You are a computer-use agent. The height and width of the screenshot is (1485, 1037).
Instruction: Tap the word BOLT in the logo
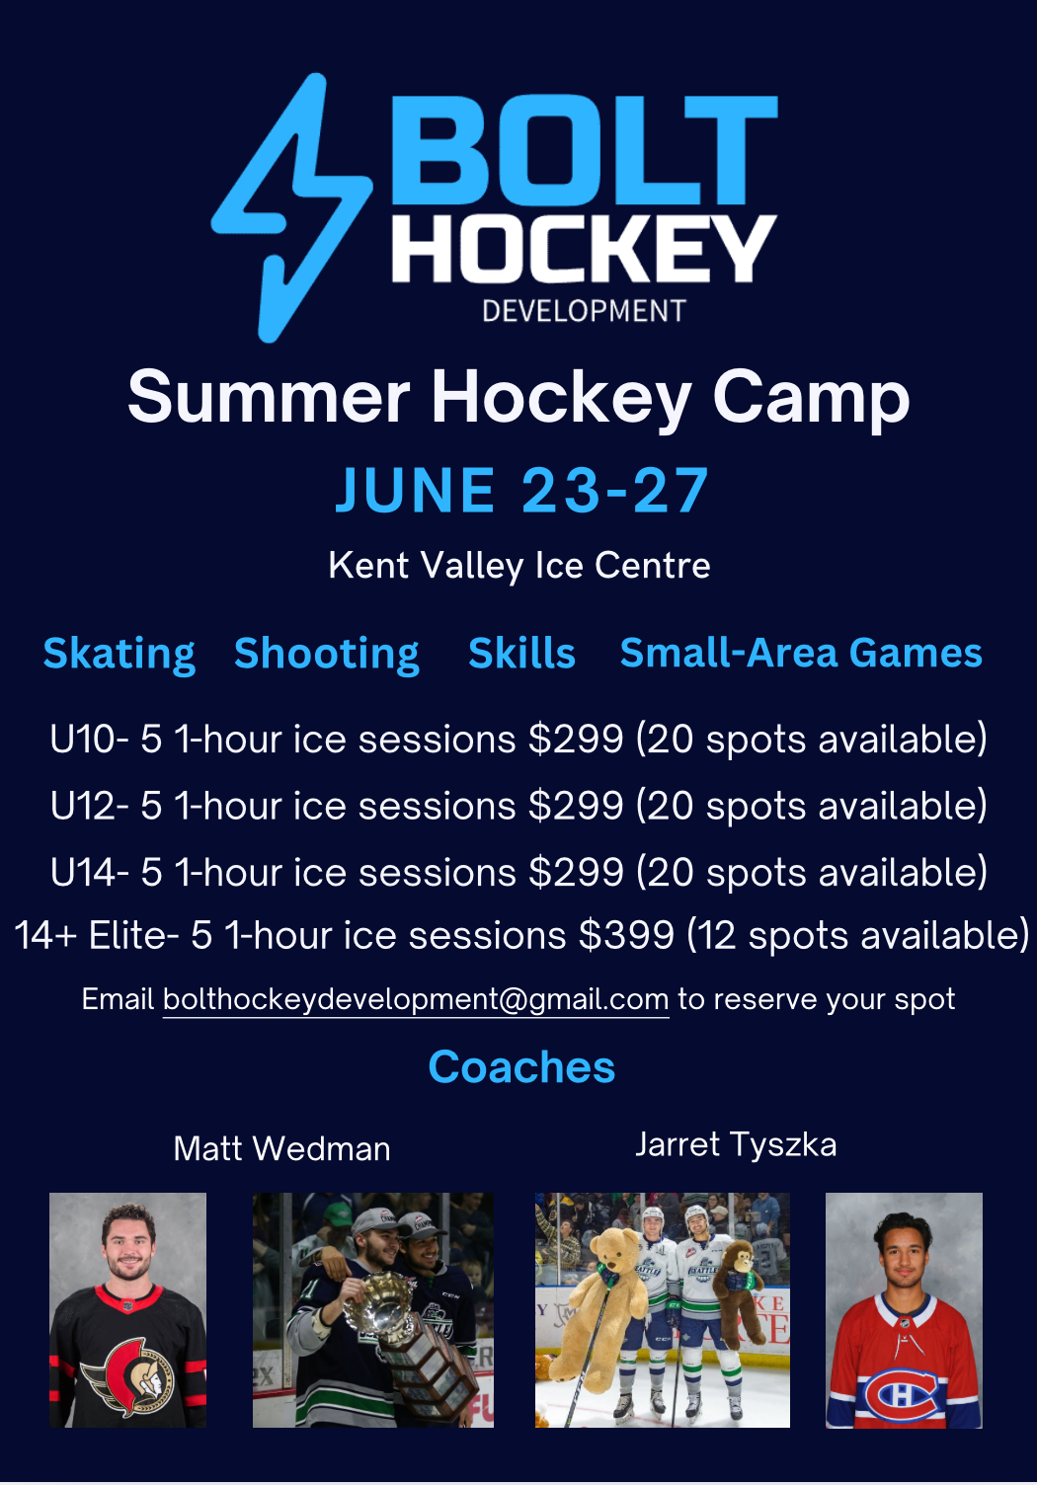(x=584, y=150)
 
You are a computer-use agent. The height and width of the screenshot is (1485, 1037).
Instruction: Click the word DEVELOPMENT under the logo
(x=584, y=311)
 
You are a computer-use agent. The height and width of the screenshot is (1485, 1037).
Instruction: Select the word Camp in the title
(x=811, y=399)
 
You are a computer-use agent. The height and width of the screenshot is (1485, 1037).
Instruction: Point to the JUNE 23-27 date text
(x=522, y=490)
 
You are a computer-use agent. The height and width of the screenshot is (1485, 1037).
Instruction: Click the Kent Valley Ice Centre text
(x=519, y=566)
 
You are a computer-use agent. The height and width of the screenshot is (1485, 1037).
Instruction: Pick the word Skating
(x=120, y=655)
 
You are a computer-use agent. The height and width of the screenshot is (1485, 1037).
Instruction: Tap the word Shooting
(x=327, y=655)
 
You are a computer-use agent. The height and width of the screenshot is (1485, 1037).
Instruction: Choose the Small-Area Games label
(x=801, y=653)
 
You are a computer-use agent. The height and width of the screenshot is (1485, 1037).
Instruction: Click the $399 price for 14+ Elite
(x=626, y=935)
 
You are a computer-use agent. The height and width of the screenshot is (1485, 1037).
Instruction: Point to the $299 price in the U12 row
(x=576, y=806)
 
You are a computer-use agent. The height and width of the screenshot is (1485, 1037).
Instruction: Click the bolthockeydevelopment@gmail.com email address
(x=416, y=999)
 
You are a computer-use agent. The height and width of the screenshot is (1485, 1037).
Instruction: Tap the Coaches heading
(x=521, y=1067)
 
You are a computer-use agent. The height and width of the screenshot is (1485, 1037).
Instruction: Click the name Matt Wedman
(x=281, y=1149)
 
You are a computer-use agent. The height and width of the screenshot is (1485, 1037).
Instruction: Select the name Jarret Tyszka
(x=736, y=1145)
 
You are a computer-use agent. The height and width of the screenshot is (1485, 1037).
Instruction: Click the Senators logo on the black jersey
(x=127, y=1376)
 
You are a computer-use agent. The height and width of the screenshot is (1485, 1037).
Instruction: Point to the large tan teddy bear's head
(x=613, y=1251)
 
